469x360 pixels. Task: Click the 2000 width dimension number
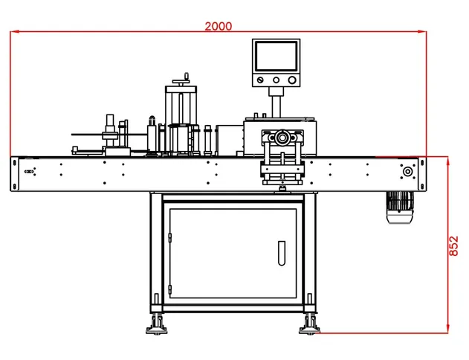(x=218, y=26)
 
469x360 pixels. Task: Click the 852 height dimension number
(x=453, y=246)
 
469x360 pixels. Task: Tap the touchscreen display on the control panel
(x=276, y=57)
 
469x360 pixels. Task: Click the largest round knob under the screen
(x=292, y=80)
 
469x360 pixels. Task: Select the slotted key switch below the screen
(x=260, y=80)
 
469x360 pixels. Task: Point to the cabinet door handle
(x=282, y=253)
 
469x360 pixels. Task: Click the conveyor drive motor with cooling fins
(x=400, y=208)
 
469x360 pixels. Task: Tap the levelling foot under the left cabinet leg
(x=156, y=324)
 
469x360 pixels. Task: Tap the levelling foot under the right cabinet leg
(x=310, y=324)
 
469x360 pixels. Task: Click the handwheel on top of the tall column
(x=181, y=80)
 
